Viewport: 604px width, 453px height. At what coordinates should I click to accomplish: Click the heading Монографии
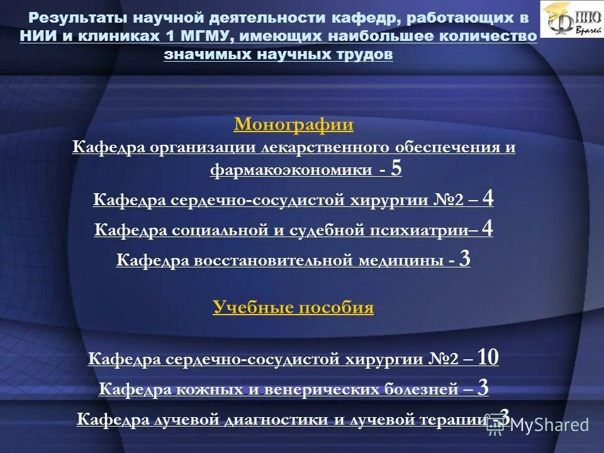[x=293, y=125]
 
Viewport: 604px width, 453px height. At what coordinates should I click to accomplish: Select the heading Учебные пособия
[x=293, y=308]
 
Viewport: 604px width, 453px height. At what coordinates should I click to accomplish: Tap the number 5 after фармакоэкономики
[x=396, y=169]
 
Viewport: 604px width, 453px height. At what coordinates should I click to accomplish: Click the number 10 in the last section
[x=488, y=358]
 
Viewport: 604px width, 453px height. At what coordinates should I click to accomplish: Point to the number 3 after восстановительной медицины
[x=465, y=259]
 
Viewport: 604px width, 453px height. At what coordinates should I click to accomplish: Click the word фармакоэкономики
[x=291, y=171]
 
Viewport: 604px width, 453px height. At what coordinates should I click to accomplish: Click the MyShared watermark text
[x=549, y=425]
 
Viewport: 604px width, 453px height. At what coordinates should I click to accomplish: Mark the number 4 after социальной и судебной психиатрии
[x=487, y=229]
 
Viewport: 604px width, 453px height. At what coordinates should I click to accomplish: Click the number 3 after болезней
[x=483, y=388]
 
